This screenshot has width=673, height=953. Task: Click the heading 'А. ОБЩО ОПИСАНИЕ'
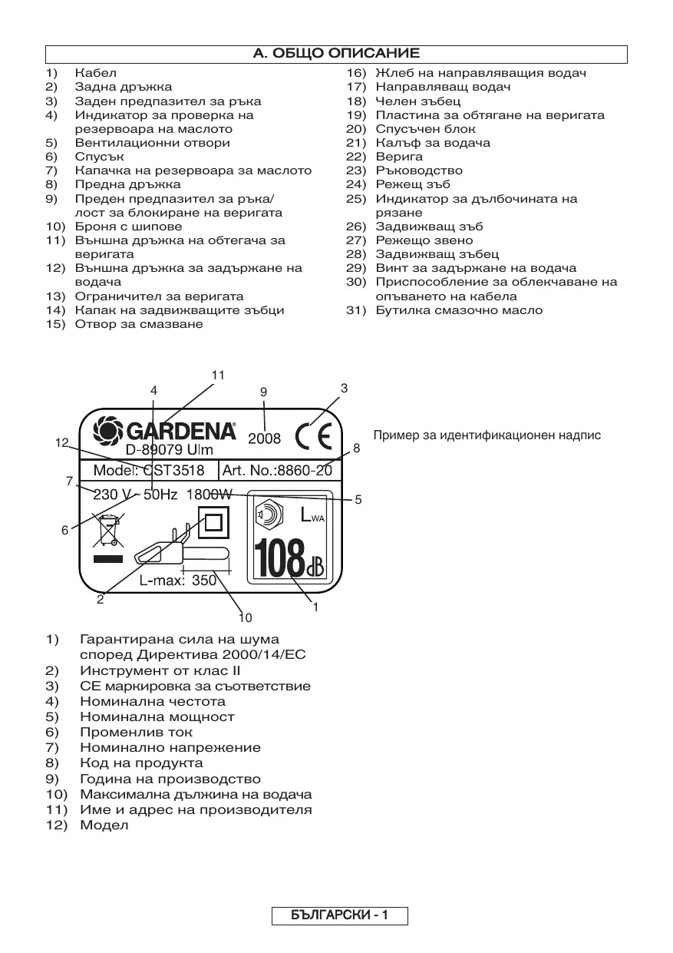point(336,54)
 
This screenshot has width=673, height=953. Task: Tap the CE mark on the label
point(315,436)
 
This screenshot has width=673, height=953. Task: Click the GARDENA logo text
point(165,429)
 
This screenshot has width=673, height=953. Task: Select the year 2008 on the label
point(264,439)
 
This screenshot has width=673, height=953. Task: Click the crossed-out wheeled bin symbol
point(107,531)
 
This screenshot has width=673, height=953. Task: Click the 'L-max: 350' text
point(178,581)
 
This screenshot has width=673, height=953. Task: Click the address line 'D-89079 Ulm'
point(169,450)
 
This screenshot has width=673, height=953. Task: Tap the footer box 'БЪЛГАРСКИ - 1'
point(339,915)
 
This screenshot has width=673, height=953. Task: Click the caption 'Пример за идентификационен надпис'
point(487,435)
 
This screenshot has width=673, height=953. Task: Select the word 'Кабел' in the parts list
point(95,73)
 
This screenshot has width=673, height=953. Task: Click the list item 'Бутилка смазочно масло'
point(458,310)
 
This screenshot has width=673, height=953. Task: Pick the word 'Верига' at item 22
point(394,157)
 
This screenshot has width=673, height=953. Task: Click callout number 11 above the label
point(219,375)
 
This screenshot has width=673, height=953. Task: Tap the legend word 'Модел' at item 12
point(104,826)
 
